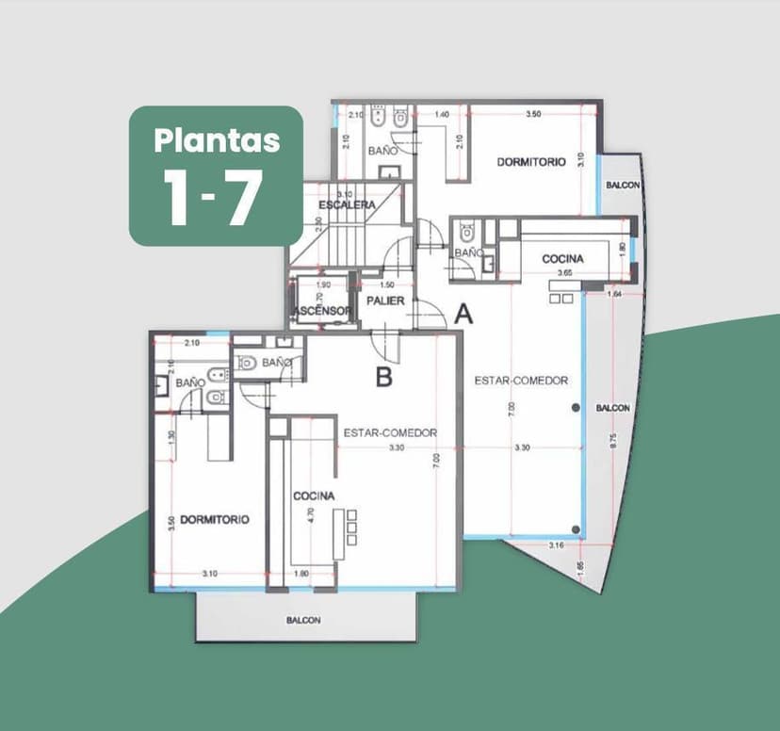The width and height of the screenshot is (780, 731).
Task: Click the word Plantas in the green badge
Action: click(x=217, y=140)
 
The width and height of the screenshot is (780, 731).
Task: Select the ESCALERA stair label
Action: click(x=347, y=204)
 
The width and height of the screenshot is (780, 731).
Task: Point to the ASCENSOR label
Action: click(x=322, y=311)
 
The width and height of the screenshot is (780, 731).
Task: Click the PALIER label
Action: click(x=385, y=301)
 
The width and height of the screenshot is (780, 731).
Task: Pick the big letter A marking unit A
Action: click(x=463, y=315)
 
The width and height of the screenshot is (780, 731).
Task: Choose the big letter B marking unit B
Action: click(x=383, y=379)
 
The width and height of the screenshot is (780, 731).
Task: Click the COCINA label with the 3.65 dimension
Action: click(x=562, y=258)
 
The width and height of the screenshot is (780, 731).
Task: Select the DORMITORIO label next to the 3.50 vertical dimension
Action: click(x=215, y=519)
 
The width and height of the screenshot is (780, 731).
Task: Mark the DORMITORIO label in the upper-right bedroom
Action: click(x=531, y=162)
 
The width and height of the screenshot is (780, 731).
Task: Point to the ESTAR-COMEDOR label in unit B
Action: click(x=389, y=432)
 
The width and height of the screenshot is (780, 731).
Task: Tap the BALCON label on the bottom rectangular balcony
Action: click(x=303, y=620)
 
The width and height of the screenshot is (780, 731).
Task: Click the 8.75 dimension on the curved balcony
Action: click(x=613, y=441)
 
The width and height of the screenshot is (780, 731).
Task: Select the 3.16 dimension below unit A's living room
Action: click(x=556, y=545)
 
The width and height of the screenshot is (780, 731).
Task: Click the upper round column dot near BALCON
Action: click(x=576, y=407)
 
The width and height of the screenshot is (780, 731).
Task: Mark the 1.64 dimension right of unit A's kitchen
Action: click(x=615, y=294)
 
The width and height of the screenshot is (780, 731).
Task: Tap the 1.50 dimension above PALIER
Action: click(x=386, y=284)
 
